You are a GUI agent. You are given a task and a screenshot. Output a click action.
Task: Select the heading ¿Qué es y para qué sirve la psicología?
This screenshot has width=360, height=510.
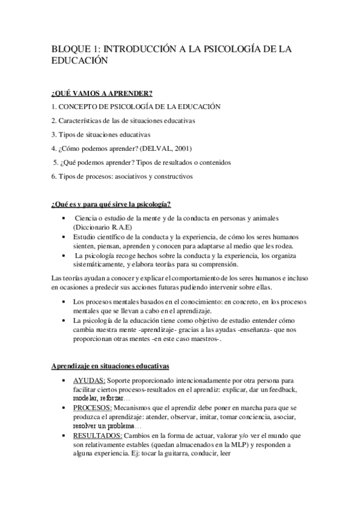(x=111, y=204)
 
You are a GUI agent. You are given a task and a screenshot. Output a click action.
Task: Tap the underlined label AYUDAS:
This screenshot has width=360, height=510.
(x=90, y=381)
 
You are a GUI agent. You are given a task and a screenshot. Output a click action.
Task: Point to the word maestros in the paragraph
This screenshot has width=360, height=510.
(x=203, y=339)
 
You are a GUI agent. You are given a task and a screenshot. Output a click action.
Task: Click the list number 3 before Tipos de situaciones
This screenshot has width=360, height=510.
(x=53, y=134)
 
